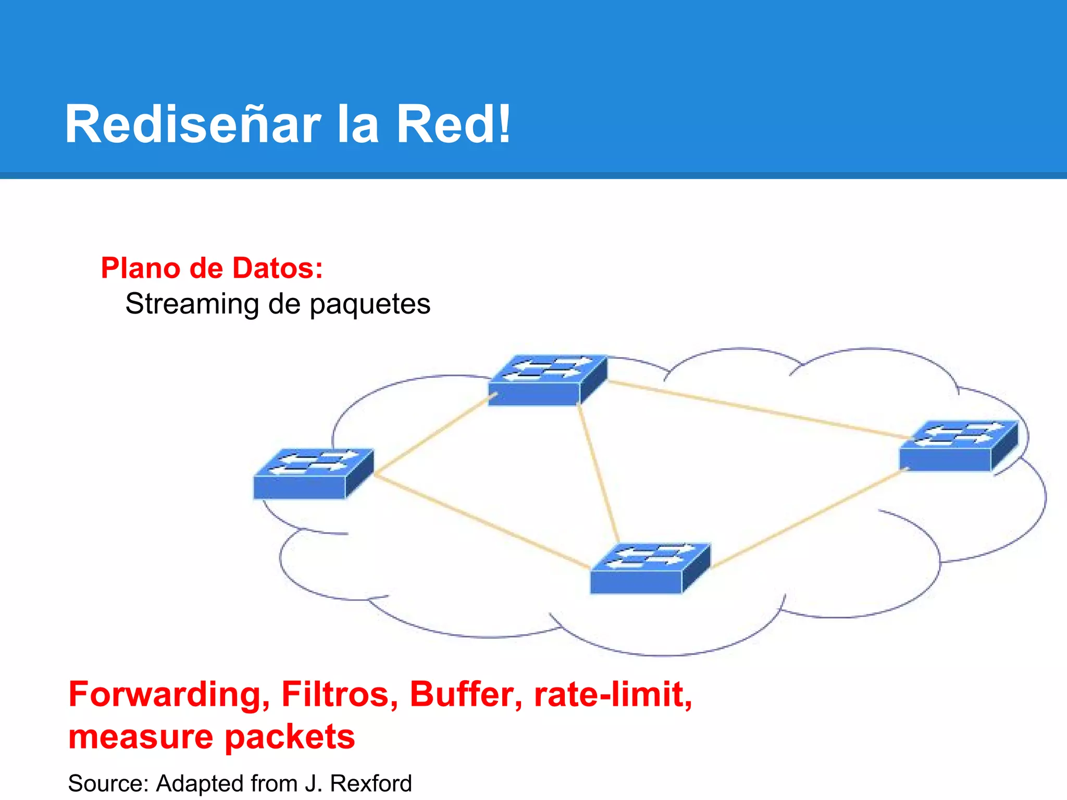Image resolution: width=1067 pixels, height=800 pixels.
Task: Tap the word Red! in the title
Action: (x=453, y=125)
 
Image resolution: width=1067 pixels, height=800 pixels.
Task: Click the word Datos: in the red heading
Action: (x=277, y=268)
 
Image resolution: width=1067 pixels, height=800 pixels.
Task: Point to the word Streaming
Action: (x=192, y=304)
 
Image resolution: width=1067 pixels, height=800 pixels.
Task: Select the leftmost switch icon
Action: (x=313, y=474)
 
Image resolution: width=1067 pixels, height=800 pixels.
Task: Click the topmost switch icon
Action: (x=547, y=380)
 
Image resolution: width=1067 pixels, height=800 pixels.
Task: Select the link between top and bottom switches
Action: (x=599, y=474)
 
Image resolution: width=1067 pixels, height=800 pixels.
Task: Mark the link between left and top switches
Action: (x=432, y=435)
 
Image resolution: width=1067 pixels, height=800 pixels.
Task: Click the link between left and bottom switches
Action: (x=482, y=521)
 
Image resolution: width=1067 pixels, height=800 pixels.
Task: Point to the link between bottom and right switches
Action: (x=808, y=518)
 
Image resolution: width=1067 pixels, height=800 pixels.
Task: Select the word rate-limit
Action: (x=613, y=694)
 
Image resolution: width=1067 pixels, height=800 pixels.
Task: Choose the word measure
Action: (x=141, y=737)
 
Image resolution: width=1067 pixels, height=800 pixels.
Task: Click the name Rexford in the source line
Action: (x=371, y=783)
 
